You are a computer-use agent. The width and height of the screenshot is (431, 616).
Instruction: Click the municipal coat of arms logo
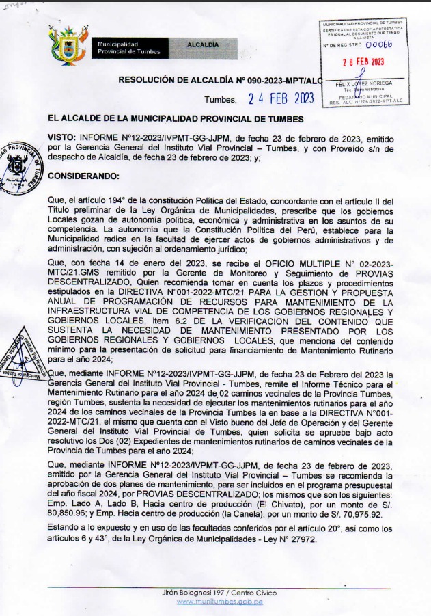point(68,45)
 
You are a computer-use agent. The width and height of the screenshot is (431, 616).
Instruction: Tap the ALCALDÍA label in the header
point(204,44)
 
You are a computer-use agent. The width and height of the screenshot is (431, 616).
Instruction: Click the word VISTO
point(62,137)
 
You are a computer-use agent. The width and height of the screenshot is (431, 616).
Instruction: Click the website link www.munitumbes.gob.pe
point(219,602)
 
